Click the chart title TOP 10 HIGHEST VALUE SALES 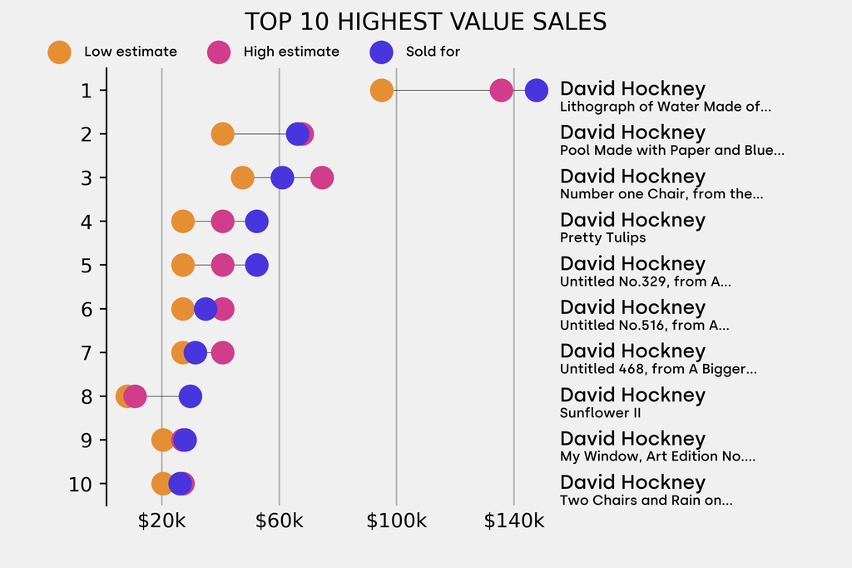point(425,22)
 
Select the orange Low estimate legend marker point(59,52)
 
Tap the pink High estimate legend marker point(219,52)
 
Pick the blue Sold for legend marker point(380,52)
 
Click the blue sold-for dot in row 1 point(537,91)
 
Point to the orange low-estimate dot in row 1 point(381,91)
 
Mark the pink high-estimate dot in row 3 point(322,178)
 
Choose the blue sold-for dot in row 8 point(191,397)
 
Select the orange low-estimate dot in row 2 point(222,134)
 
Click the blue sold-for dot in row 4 point(257,222)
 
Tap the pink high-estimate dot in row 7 point(222,353)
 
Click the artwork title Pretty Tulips point(602,238)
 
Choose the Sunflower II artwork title point(600,413)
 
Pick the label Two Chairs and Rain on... point(646,501)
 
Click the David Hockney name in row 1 point(632,89)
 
